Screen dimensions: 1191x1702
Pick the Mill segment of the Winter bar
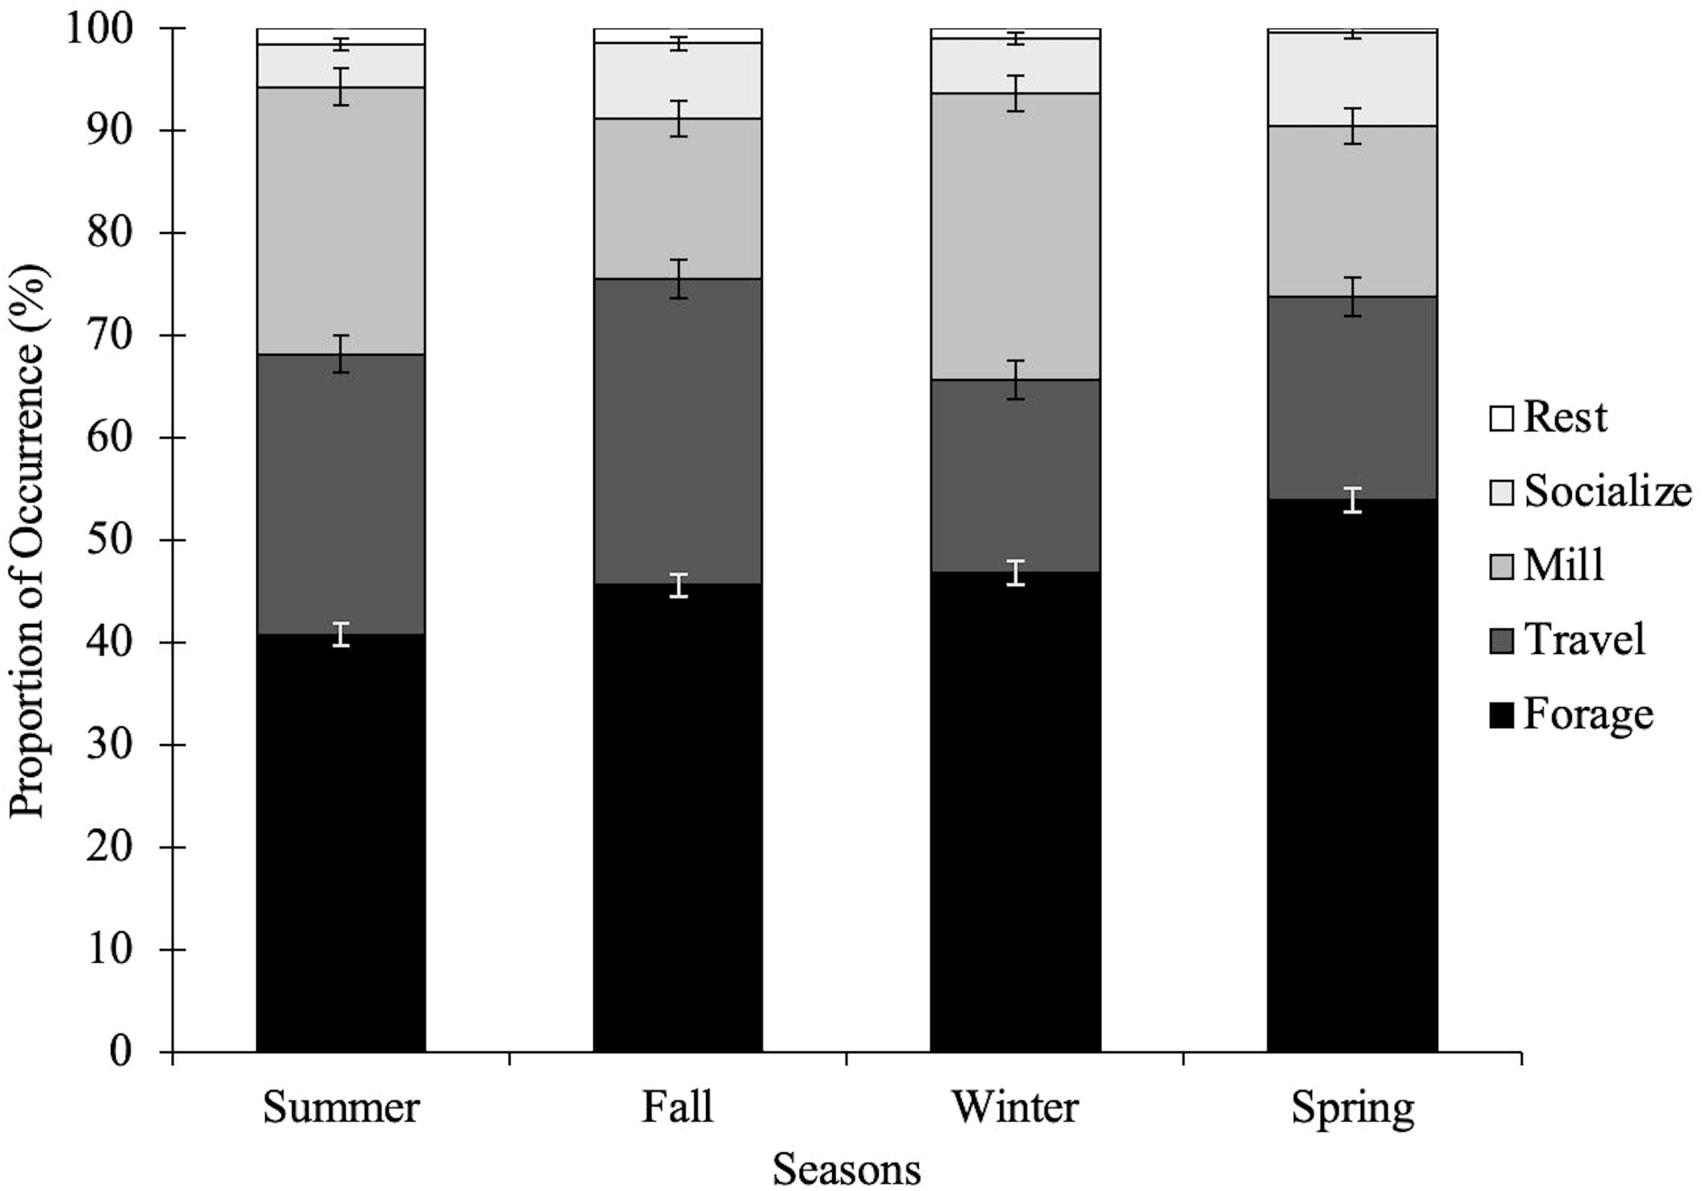coord(1015,237)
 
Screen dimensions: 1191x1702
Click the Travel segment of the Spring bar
coord(1352,400)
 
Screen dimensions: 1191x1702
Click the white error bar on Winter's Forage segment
coord(1016,573)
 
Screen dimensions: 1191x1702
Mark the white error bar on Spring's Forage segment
coord(1353,500)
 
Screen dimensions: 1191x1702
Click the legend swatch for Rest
coord(1501,418)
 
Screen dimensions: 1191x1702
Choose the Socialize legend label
coord(1607,492)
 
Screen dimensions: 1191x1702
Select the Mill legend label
coord(1564,566)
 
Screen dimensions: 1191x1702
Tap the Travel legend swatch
coord(1501,640)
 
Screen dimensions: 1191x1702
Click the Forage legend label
coord(1588,715)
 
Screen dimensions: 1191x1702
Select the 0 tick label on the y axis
coord(121,1051)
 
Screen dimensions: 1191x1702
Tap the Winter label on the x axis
coord(1015,1107)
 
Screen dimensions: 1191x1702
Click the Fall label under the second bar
coord(677,1107)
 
